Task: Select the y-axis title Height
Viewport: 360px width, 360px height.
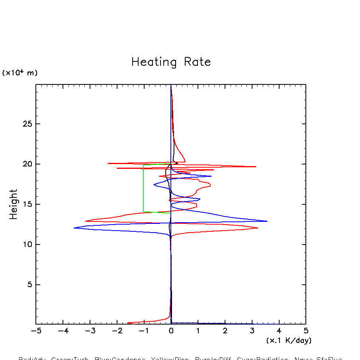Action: click(14, 204)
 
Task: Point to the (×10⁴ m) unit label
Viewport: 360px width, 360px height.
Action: click(20, 73)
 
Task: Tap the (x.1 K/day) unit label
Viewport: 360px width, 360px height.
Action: click(289, 340)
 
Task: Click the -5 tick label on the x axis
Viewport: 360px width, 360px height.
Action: click(36, 331)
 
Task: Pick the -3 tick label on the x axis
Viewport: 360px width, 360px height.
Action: click(90, 331)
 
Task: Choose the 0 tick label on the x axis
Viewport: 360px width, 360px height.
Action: click(171, 331)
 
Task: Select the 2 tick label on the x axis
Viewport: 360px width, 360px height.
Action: click(225, 331)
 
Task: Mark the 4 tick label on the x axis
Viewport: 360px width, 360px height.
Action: click(279, 331)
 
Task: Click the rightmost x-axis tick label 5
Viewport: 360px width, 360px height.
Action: click(306, 331)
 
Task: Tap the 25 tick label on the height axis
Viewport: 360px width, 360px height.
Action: click(27, 124)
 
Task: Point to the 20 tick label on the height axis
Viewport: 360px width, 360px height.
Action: click(27, 164)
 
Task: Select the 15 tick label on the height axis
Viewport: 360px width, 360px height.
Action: click(27, 204)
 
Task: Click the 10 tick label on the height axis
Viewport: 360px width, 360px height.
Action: click(27, 245)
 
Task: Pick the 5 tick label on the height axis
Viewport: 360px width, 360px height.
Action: click(29, 285)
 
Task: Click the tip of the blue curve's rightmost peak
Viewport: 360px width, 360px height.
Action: click(267, 221)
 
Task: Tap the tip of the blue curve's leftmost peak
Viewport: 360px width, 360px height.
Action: click(74, 228)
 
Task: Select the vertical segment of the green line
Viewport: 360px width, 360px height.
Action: click(143, 188)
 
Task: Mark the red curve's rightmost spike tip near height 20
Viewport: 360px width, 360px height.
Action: click(256, 166)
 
